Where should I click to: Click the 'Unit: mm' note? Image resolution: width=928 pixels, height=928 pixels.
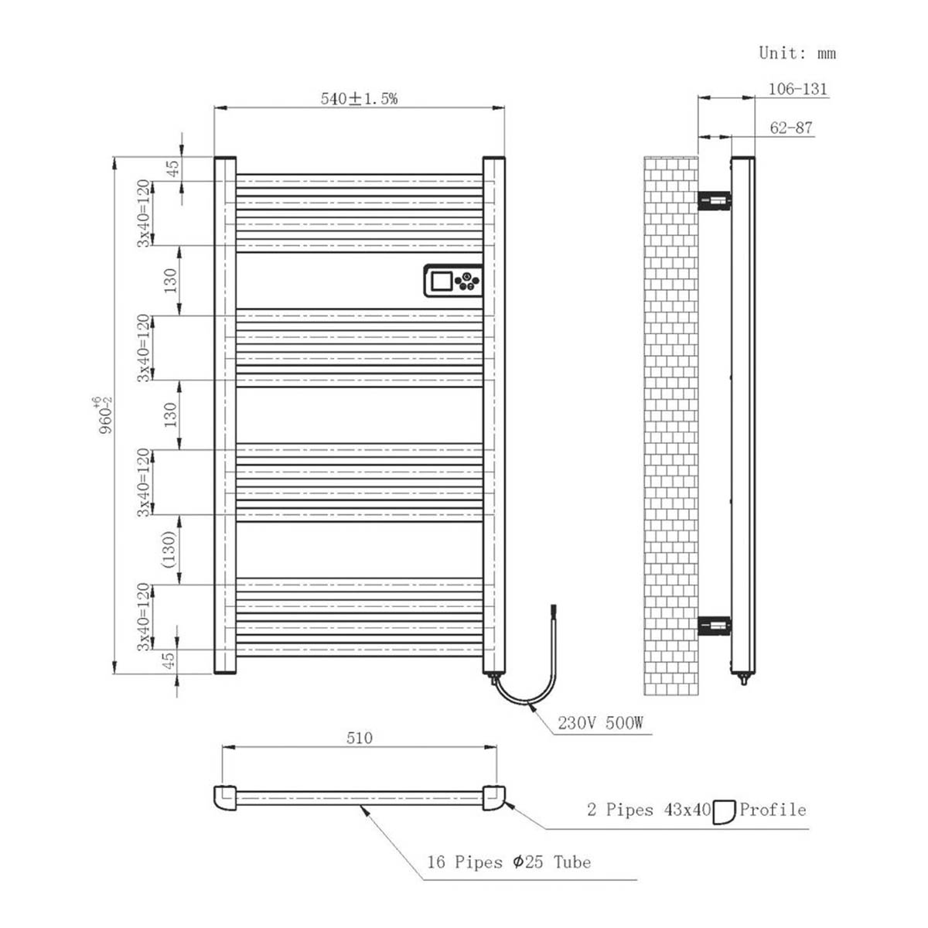point(797,53)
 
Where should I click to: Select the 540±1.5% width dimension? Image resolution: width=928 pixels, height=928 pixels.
point(359,99)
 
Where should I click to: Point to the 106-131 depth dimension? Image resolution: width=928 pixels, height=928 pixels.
point(797,89)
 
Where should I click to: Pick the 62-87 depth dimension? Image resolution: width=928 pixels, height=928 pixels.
point(791,128)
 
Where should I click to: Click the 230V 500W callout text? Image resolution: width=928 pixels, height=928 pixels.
point(601,724)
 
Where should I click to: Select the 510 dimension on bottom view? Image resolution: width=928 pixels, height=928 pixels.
point(359,738)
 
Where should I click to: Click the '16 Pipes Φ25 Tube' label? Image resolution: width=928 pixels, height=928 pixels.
point(509,862)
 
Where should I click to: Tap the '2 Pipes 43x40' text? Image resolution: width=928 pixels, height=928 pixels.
point(648,810)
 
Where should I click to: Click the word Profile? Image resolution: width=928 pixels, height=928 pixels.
point(773,810)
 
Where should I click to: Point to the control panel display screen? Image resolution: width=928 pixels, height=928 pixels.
point(442,280)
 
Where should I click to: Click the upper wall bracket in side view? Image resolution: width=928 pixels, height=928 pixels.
point(714,201)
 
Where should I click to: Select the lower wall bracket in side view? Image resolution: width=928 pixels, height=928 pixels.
point(714,624)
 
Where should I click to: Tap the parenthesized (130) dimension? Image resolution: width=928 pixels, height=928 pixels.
point(170,549)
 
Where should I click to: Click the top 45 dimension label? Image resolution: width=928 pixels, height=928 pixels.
point(173,168)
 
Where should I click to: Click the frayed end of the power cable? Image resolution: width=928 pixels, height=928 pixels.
point(552,610)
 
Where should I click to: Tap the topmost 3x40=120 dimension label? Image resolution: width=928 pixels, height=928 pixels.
point(144,213)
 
